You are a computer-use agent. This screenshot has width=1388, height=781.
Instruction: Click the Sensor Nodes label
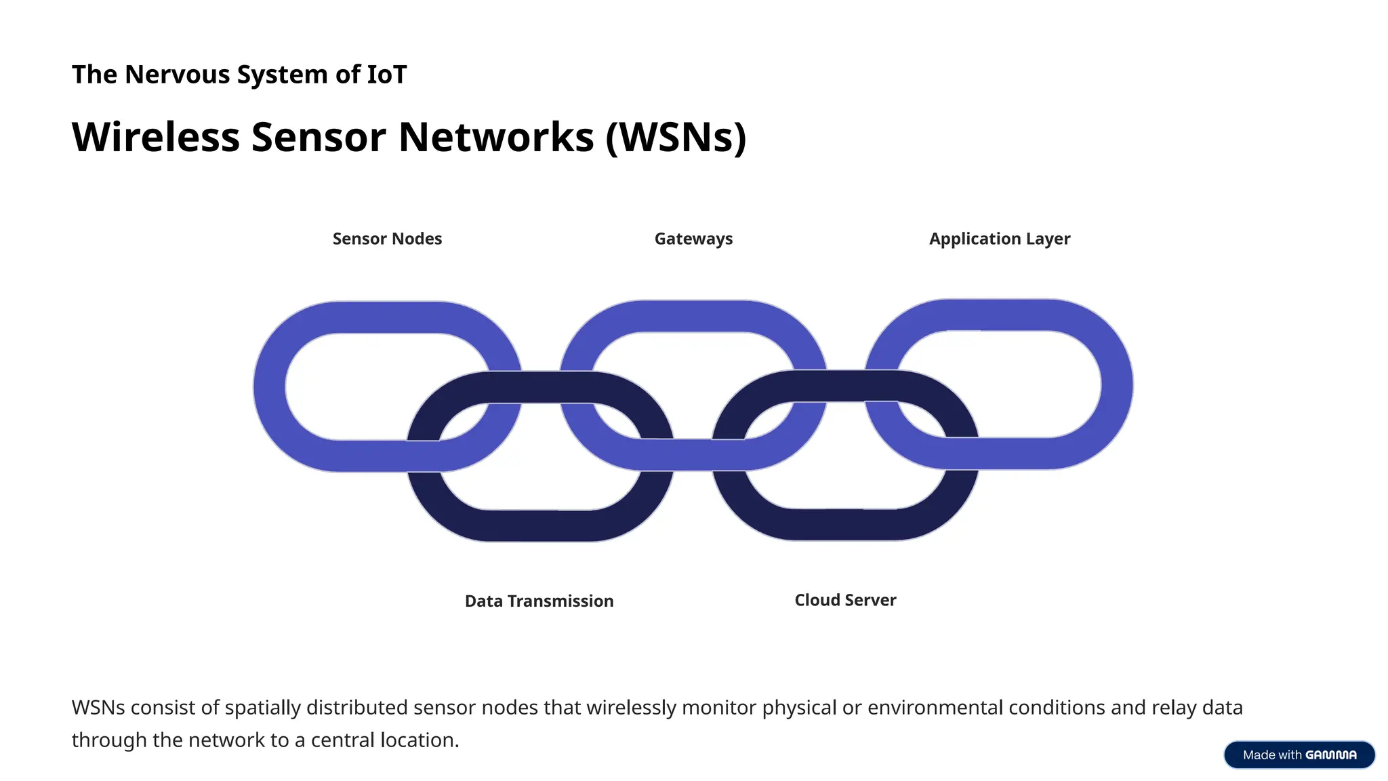(x=387, y=239)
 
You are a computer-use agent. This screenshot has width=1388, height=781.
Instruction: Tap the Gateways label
(x=693, y=239)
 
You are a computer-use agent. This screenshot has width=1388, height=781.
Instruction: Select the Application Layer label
(x=1000, y=239)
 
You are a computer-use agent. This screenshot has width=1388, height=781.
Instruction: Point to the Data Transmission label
(x=539, y=601)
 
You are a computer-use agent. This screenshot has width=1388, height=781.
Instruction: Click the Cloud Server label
(x=845, y=600)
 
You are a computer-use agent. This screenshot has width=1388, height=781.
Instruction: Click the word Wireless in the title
(x=155, y=137)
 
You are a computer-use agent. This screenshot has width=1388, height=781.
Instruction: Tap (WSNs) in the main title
(x=676, y=137)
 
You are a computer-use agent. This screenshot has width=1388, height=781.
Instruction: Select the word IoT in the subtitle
(x=386, y=75)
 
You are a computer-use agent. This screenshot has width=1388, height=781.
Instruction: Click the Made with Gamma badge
(x=1299, y=755)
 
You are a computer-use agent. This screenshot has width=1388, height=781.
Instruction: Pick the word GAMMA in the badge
(x=1331, y=755)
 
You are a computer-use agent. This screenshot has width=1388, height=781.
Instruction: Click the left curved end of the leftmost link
(x=270, y=386)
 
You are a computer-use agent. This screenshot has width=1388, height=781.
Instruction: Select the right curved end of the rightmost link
(x=1117, y=384)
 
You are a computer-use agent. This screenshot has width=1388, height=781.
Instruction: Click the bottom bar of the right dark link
(x=845, y=524)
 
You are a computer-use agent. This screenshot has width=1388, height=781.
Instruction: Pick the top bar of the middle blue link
(x=693, y=317)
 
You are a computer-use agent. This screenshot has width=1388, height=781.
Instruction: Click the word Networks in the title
(x=496, y=137)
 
